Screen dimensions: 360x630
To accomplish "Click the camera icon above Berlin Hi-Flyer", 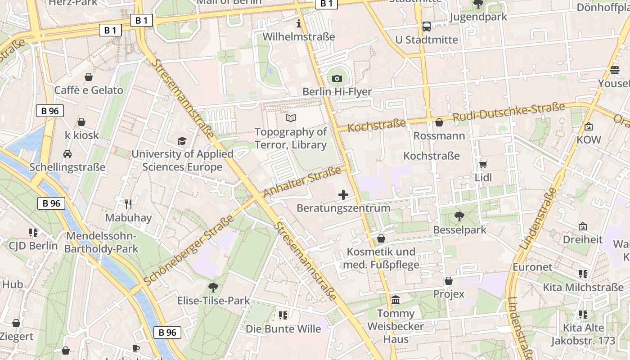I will point(337,79).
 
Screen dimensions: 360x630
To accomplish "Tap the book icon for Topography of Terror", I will point(291,118).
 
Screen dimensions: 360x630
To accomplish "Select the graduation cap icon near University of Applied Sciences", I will point(182,141).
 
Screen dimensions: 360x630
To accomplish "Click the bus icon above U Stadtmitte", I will point(426,27).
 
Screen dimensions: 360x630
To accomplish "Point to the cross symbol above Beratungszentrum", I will point(343,195).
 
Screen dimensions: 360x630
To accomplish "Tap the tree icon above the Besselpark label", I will point(459,216).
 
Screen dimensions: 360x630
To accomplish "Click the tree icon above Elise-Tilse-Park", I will point(213,287).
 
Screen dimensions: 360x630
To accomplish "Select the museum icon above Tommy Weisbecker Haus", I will point(396,300).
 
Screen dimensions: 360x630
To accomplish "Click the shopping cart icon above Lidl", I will point(483,164).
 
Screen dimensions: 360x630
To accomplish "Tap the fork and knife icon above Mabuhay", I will point(128,204).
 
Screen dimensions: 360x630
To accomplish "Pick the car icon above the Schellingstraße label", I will point(67,154).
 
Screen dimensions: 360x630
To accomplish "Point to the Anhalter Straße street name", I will point(302,182).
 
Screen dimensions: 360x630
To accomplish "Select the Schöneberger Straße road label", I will point(189,250).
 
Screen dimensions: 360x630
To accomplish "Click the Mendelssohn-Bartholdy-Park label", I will point(101,243).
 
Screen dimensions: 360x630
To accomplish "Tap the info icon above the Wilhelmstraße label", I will point(298,23).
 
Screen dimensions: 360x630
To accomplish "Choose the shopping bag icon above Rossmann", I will point(439,122).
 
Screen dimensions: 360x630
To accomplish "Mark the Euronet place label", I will point(532,267).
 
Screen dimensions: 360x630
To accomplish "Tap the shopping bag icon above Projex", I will point(449,281).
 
